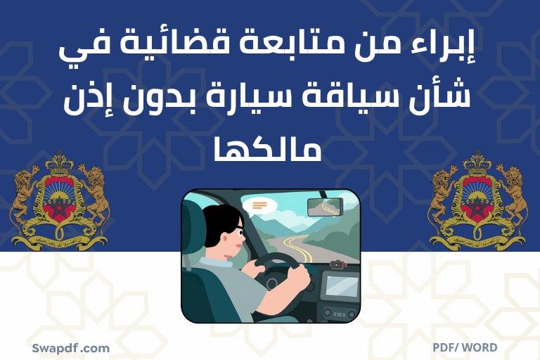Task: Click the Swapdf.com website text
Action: pyautogui.click(x=70, y=347)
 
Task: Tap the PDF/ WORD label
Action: pyautogui.click(x=465, y=347)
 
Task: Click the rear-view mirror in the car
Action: pyautogui.click(x=325, y=206)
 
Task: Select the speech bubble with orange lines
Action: pyautogui.click(x=259, y=205)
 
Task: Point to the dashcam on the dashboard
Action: pyautogui.click(x=337, y=265)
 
